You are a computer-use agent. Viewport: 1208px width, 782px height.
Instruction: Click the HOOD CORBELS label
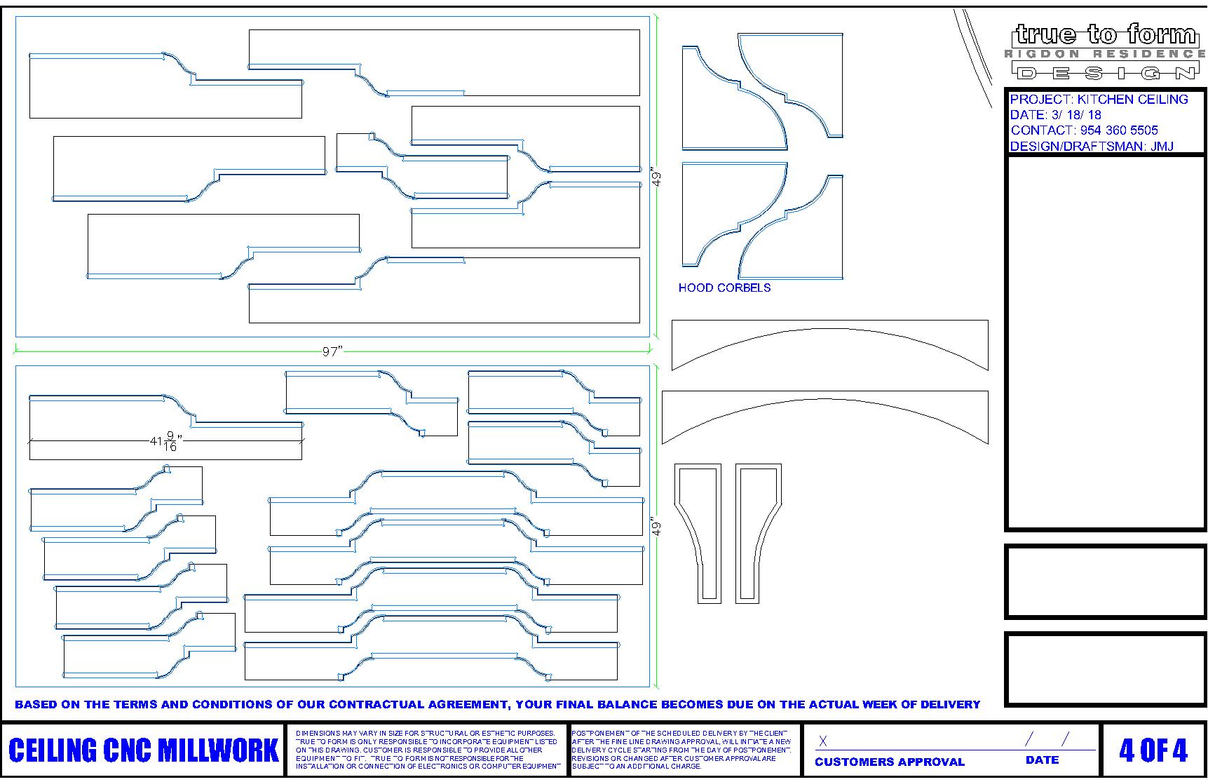[724, 288]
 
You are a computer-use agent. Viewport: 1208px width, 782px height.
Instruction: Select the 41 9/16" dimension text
[166, 442]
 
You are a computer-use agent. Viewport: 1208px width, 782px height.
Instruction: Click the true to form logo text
[1106, 34]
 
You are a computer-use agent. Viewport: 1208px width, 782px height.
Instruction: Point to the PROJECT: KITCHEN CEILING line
[1099, 100]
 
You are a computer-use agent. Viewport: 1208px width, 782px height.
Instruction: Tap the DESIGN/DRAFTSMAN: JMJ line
[1092, 147]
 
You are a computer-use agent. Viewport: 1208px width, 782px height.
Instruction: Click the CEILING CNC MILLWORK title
[144, 750]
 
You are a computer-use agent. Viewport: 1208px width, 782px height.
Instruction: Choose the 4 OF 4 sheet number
[1153, 750]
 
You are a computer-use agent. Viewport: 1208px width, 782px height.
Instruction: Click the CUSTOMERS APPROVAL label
[889, 762]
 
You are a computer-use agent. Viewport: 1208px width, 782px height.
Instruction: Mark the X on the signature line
[823, 741]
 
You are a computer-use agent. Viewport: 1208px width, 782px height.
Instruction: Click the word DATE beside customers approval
[1042, 760]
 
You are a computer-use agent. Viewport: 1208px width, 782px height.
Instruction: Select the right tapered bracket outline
[758, 533]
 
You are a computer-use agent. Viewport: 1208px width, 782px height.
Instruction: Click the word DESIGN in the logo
[1106, 72]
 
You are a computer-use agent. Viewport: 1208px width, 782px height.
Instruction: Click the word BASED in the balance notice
[36, 704]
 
